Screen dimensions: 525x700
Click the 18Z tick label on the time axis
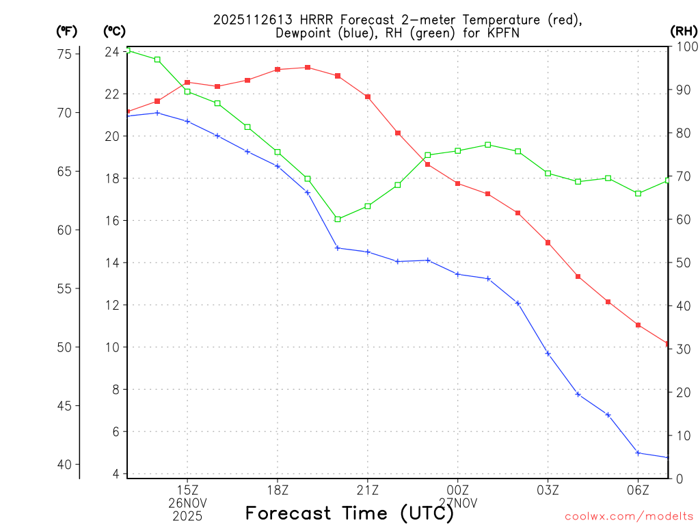coord(278,489)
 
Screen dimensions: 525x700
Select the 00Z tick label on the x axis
coord(457,489)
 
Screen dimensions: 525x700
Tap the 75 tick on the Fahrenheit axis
coord(66,54)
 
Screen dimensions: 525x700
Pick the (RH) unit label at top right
coord(683,31)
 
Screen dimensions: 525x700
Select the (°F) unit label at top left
coord(67,31)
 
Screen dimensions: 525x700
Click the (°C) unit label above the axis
coord(114,31)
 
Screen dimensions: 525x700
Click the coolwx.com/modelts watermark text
coord(629,516)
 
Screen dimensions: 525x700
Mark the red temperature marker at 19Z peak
coord(308,67)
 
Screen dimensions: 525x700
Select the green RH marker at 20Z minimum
coord(338,219)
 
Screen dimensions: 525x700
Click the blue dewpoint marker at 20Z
coord(338,247)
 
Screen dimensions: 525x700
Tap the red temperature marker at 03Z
coord(548,243)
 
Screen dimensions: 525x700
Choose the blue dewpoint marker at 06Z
coord(638,453)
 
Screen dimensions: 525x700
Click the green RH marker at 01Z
coord(487,144)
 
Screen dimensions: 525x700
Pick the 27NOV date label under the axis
coord(457,503)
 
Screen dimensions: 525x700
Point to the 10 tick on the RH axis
coord(682,435)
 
